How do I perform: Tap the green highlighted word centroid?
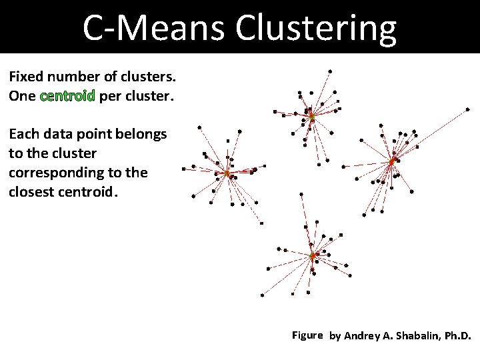click(68, 96)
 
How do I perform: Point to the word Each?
click(23, 134)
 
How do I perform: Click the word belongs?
click(143, 134)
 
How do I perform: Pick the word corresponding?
click(55, 173)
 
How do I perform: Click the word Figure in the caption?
click(307, 335)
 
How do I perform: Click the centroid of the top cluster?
click(311, 117)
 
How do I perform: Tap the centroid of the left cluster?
click(227, 174)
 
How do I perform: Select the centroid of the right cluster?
click(392, 161)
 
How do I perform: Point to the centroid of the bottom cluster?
click(311, 255)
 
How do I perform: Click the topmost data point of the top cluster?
click(330, 71)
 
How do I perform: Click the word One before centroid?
click(23, 96)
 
